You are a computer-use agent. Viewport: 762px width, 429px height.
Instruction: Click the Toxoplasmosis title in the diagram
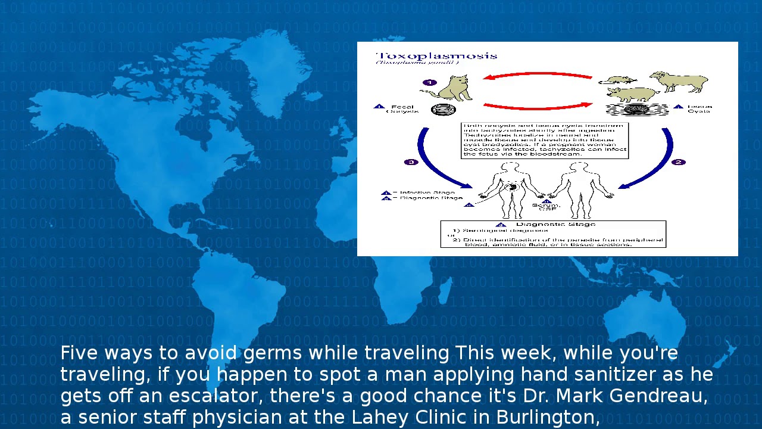pyautogui.click(x=436, y=56)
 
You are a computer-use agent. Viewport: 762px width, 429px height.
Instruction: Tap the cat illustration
pyautogui.click(x=452, y=88)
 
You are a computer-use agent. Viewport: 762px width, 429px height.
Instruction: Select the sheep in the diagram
pyautogui.click(x=679, y=81)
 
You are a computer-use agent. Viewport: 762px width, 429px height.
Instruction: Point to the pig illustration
pyautogui.click(x=631, y=94)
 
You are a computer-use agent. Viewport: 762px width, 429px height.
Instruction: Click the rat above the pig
pyautogui.click(x=619, y=79)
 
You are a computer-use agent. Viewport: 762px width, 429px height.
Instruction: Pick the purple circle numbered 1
pyautogui.click(x=430, y=83)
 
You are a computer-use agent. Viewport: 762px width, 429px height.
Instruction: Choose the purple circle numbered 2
pyautogui.click(x=678, y=162)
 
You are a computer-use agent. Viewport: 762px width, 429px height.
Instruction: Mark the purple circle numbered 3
pyautogui.click(x=411, y=162)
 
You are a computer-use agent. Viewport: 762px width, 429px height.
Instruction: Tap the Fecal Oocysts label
pyautogui.click(x=402, y=109)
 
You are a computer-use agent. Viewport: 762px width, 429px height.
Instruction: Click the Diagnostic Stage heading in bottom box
pyautogui.click(x=557, y=225)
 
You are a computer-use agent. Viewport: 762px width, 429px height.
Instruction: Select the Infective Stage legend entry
pyautogui.click(x=427, y=192)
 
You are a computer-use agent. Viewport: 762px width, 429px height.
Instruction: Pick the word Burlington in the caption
pyautogui.click(x=548, y=418)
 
